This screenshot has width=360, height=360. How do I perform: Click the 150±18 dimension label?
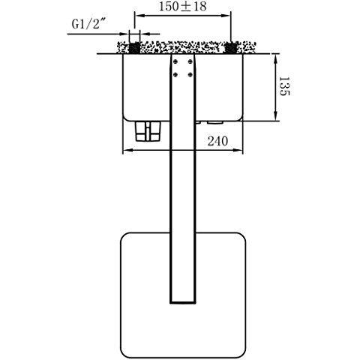click(x=182, y=6)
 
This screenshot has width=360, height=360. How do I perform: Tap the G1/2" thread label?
click(x=88, y=24)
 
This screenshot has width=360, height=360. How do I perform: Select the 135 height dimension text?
click(x=284, y=86)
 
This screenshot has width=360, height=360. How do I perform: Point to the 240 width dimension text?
click(x=217, y=141)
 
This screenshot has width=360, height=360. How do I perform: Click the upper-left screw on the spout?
click(x=175, y=61)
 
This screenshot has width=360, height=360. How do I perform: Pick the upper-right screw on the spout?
click(x=190, y=61)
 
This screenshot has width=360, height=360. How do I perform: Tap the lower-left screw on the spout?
click(x=175, y=74)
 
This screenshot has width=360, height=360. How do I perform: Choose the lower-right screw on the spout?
click(x=190, y=74)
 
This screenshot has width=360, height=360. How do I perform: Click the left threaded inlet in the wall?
click(x=134, y=48)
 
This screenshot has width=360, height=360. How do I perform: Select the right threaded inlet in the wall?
click(x=230, y=48)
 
